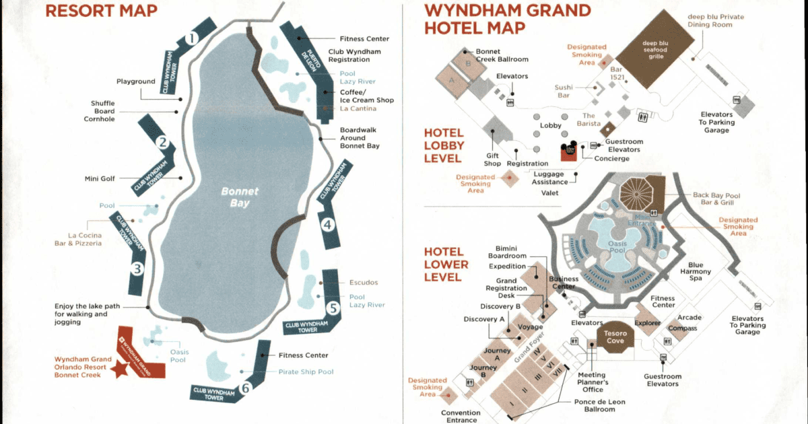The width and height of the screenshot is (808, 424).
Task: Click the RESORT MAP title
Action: pos(101,10)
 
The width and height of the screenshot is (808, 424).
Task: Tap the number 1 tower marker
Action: pos(191,38)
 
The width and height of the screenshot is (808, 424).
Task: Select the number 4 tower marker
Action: pos(327,225)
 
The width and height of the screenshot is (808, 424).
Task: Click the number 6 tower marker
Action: pos(246,387)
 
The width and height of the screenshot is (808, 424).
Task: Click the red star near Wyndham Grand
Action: pos(122,369)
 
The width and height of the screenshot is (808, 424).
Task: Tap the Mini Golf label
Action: pos(98,178)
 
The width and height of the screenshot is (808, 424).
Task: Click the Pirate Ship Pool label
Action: pos(306,372)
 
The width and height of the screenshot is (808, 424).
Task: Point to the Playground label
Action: pos(136,81)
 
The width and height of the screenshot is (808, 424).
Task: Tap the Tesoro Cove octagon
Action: pos(615,337)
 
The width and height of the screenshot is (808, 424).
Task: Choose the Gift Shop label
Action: pos(492,159)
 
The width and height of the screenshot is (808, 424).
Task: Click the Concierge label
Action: pos(611,159)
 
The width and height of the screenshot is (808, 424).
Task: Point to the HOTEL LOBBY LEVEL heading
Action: pos(442,146)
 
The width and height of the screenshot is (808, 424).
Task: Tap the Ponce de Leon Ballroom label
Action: pos(599,405)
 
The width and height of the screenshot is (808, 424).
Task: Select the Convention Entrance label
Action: pos(461,417)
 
